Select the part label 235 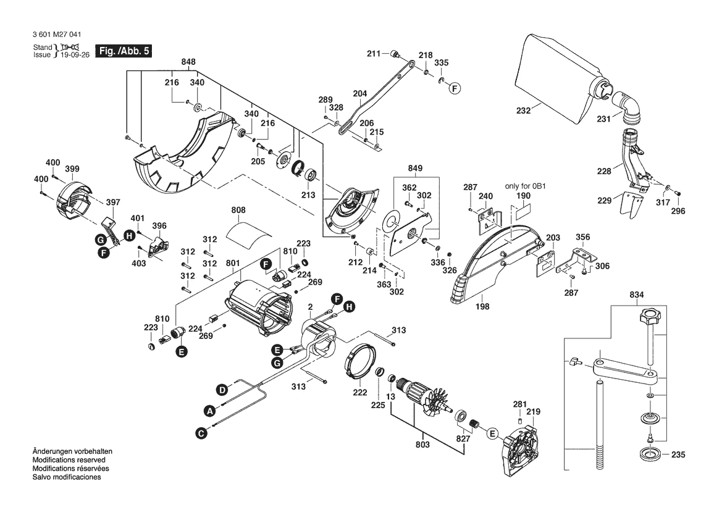tap(678, 456)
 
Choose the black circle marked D tap(221, 389)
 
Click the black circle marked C tap(201, 434)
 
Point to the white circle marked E tap(492, 433)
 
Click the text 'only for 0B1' tap(526, 186)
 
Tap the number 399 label tap(72, 168)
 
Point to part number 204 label tap(359, 94)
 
